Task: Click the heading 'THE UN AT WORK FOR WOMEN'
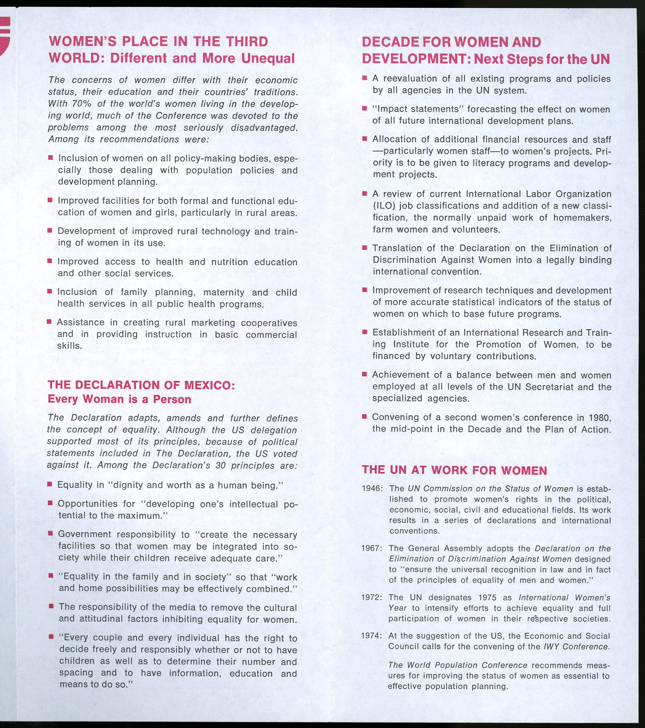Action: coord(454,470)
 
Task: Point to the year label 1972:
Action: coord(372,597)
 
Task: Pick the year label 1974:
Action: coord(372,636)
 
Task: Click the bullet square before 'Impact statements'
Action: coord(364,108)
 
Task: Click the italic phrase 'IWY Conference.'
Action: coord(584,646)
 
